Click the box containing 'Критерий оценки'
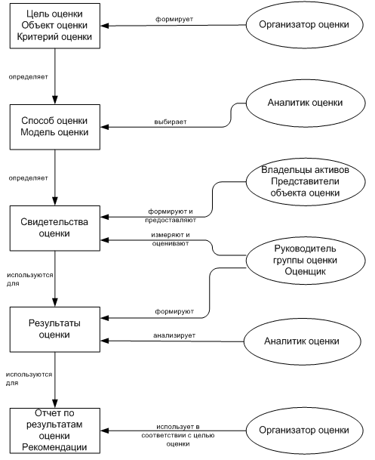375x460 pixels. [55, 26]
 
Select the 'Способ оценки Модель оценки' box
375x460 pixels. [55, 127]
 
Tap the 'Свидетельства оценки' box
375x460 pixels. [55, 228]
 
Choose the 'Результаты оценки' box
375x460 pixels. [55, 329]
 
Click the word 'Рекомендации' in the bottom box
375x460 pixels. [54, 447]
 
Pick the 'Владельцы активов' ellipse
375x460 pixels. [306, 181]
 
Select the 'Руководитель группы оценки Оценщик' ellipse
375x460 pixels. [306, 261]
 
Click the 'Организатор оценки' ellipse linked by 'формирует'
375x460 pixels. [305, 25]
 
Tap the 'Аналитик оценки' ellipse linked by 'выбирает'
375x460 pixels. [306, 103]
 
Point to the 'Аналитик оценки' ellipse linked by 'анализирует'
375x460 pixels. [303, 341]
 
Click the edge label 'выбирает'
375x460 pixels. [171, 122]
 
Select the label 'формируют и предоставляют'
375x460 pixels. [171, 215]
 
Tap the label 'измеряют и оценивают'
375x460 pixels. [171, 239]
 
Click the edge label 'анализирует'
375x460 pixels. [174, 335]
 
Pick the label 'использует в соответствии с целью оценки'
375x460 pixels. [178, 435]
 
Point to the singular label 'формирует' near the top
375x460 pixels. [174, 19]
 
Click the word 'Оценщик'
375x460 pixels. [306, 272]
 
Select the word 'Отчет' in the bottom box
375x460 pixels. [46, 413]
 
